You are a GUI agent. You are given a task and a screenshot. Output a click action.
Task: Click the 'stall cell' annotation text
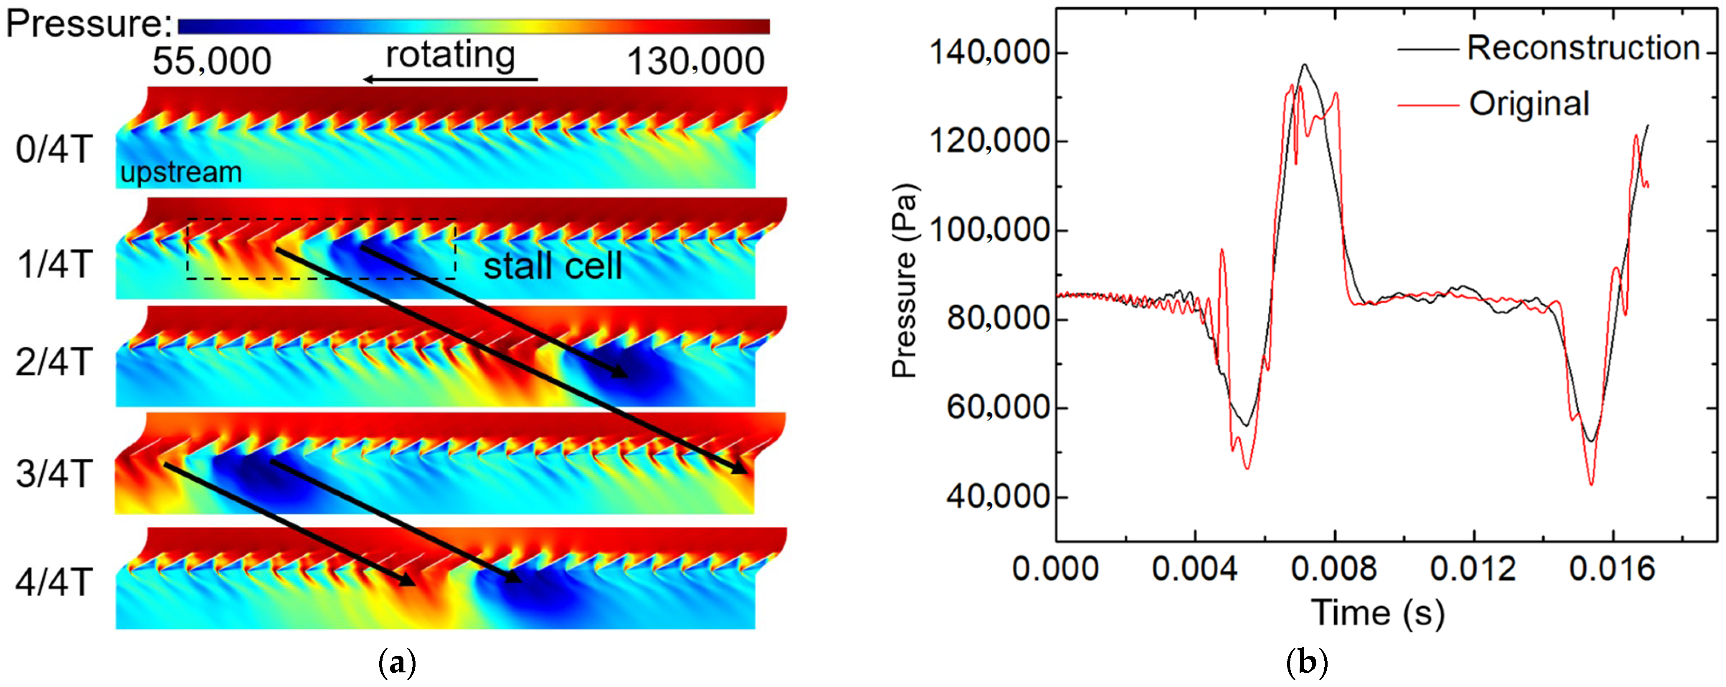[x=553, y=266]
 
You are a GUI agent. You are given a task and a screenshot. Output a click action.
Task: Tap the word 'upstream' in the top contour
[x=181, y=173]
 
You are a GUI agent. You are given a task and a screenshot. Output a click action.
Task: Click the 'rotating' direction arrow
[x=450, y=79]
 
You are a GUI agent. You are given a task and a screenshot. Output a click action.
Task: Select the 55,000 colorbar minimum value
[x=212, y=62]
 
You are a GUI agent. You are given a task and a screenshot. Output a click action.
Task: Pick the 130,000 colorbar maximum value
[x=695, y=62]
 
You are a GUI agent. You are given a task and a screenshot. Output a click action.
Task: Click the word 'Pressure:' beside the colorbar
[x=89, y=24]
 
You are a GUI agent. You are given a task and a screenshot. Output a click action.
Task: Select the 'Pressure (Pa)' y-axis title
[x=905, y=281]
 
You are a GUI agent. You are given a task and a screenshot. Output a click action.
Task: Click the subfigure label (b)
[x=1307, y=663]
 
